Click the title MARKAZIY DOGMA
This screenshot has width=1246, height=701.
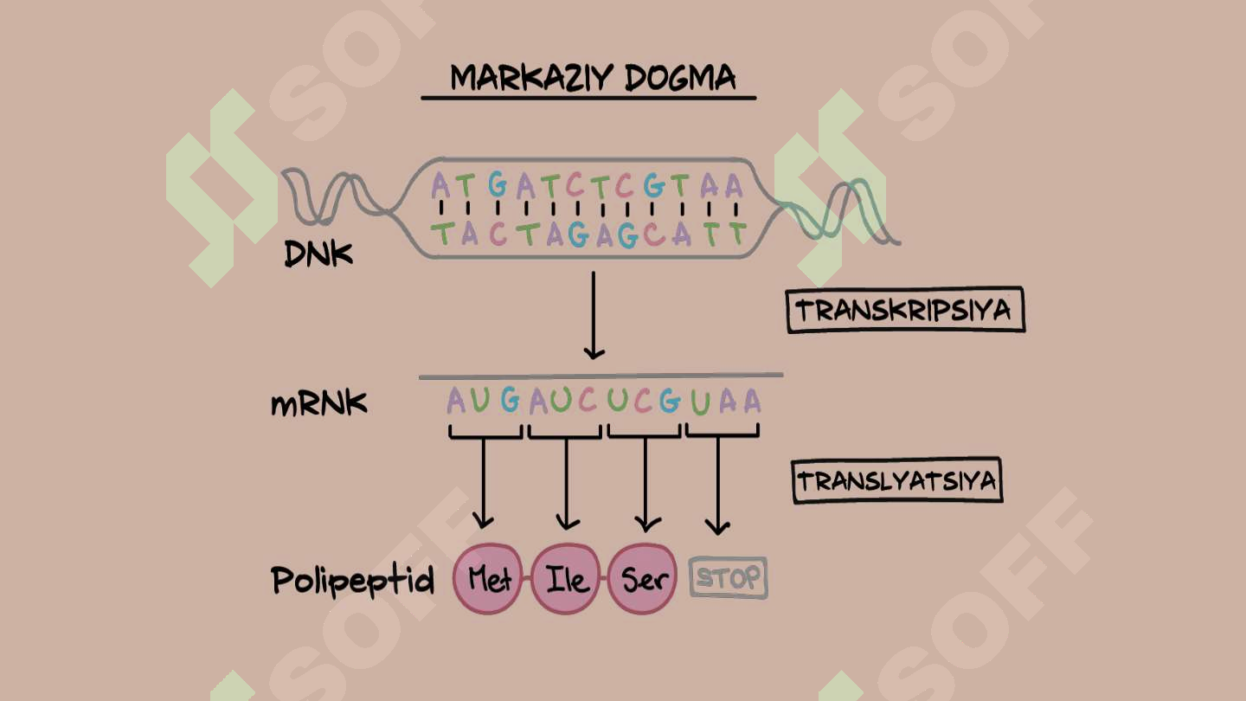click(x=593, y=78)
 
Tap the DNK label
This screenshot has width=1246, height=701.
click(x=318, y=254)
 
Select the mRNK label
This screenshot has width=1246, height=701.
click(x=318, y=404)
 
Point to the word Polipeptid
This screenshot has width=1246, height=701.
click(x=352, y=581)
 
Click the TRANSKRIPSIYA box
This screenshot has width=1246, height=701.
click(x=906, y=310)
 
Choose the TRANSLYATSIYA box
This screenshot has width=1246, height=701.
click(x=897, y=480)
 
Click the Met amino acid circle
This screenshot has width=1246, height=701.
click(x=488, y=579)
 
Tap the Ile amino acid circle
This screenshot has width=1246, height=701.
click(x=566, y=579)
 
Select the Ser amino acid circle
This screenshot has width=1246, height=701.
click(x=642, y=579)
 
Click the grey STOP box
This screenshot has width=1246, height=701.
click(x=729, y=578)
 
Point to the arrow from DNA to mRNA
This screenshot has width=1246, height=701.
click(x=594, y=315)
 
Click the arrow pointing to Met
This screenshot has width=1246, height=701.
click(x=483, y=483)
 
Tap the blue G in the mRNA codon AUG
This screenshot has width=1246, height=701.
click(x=511, y=400)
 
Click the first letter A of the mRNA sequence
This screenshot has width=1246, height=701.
click(x=456, y=400)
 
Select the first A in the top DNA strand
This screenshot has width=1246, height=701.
click(x=440, y=184)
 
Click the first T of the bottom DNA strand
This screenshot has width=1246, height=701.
click(x=443, y=234)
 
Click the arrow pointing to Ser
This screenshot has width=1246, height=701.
click(x=645, y=484)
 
